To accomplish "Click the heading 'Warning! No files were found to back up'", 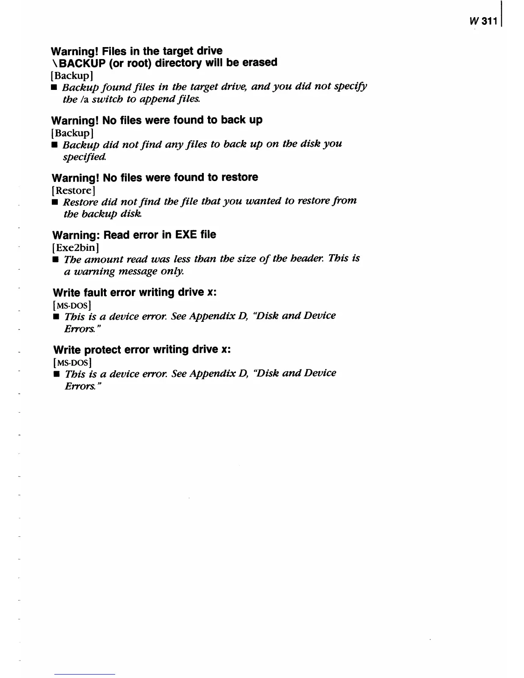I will [157, 120].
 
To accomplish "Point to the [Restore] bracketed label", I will [73, 190].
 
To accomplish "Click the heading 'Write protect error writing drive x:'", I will [142, 350].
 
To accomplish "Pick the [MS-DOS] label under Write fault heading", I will [71, 305].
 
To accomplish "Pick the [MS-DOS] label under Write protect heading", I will [72, 363].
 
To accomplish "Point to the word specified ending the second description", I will [84, 157].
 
